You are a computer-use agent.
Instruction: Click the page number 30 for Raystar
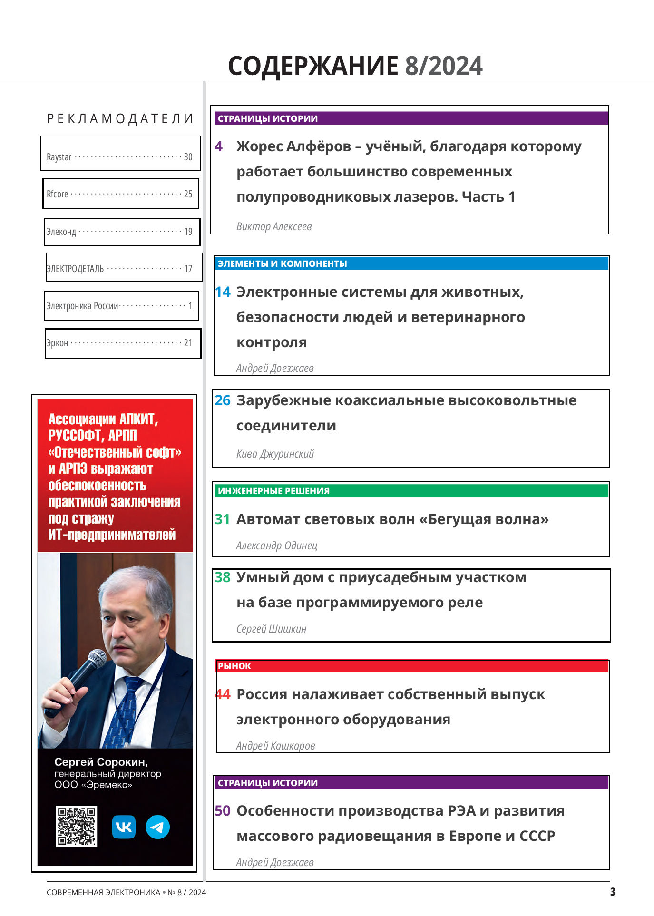[x=188, y=157]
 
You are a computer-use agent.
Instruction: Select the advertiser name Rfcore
[x=58, y=194]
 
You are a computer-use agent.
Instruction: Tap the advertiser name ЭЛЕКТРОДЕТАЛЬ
[x=75, y=269]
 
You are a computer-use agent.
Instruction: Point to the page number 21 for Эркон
[x=188, y=343]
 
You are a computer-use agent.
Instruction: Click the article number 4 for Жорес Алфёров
[x=219, y=146]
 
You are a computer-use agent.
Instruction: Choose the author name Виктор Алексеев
[x=274, y=227]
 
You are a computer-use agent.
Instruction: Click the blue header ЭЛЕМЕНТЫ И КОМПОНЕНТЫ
[x=283, y=263]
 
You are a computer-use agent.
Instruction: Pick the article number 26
[x=223, y=400]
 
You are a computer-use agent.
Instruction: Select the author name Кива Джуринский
[x=275, y=454]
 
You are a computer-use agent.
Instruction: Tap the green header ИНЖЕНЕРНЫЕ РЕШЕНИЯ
[x=274, y=491]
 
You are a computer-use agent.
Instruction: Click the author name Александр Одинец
[x=276, y=546]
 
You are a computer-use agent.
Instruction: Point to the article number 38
[x=223, y=577]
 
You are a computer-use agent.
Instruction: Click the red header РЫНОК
[x=234, y=666]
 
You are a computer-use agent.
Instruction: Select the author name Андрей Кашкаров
[x=275, y=746]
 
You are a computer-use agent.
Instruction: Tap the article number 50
[x=223, y=811]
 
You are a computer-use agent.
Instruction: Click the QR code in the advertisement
[x=77, y=826]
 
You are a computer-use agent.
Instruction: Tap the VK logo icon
[x=124, y=827]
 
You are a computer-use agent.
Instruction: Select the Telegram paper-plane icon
[x=157, y=827]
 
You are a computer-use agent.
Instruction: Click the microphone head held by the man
[x=96, y=660]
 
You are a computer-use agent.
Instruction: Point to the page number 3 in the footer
[x=613, y=892]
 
